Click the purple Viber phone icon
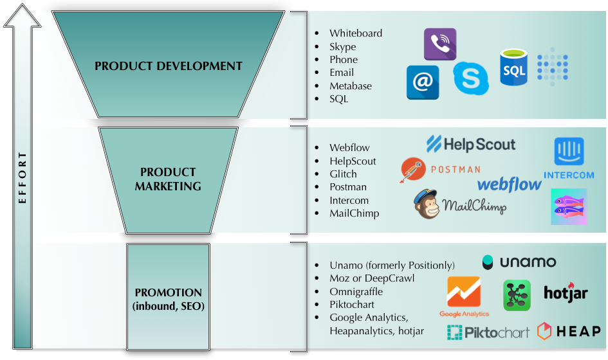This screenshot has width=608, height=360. pyautogui.click(x=440, y=44)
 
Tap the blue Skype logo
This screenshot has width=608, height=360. pyautogui.click(x=471, y=78)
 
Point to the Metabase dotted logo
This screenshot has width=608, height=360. pyautogui.click(x=553, y=67)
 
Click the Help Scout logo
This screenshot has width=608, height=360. pyautogui.click(x=471, y=144)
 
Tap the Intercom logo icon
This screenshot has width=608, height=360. pyautogui.click(x=569, y=152)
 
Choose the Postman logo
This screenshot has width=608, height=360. pyautogui.click(x=440, y=170)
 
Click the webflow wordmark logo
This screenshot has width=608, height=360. pyautogui.click(x=510, y=185)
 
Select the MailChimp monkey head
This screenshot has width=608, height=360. pyautogui.click(x=427, y=204)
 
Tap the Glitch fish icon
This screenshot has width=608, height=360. pyautogui.click(x=569, y=206)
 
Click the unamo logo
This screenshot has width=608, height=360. pyautogui.click(x=519, y=262)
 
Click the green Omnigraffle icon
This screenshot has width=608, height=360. pyautogui.click(x=517, y=295)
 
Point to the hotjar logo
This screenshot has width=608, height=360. pyautogui.click(x=566, y=294)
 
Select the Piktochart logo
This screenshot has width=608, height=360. pyautogui.click(x=488, y=332)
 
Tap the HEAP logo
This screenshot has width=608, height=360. pyautogui.click(x=569, y=332)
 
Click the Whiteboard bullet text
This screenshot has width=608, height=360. pyautogui.click(x=356, y=33)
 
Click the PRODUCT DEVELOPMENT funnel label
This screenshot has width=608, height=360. pyautogui.click(x=169, y=66)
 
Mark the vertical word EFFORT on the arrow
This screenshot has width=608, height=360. pyautogui.click(x=23, y=178)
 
